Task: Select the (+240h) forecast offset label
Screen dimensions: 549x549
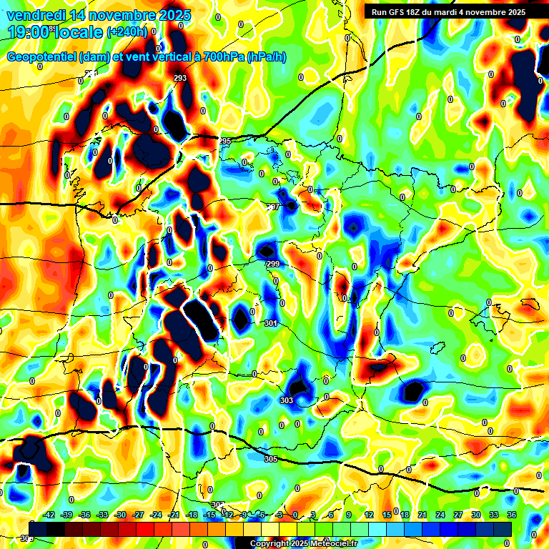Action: [x=127, y=32]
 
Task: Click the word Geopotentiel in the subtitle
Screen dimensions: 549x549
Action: [x=42, y=56]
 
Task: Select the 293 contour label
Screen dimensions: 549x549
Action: [x=180, y=78]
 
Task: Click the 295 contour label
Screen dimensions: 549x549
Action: [x=225, y=141]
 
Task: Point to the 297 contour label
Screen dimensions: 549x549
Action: [x=272, y=207]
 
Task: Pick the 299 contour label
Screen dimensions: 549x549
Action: [x=272, y=264]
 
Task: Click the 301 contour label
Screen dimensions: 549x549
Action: [x=270, y=323]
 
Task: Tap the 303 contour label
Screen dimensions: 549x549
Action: [x=287, y=400]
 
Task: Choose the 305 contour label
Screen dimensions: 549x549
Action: [x=270, y=458]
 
